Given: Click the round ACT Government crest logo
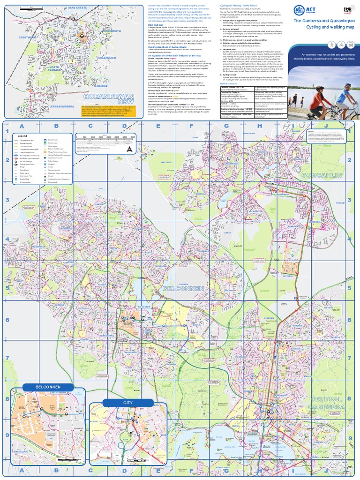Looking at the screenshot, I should (298, 10).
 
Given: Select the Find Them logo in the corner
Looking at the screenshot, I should (347, 10).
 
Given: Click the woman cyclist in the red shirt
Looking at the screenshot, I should (321, 101).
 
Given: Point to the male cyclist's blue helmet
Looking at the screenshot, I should (347, 85).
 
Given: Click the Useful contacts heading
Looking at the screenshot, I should (230, 83).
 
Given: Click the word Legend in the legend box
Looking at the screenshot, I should (23, 135).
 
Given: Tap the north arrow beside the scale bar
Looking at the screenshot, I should (130, 149).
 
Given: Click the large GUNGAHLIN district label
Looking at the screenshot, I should (321, 174).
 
